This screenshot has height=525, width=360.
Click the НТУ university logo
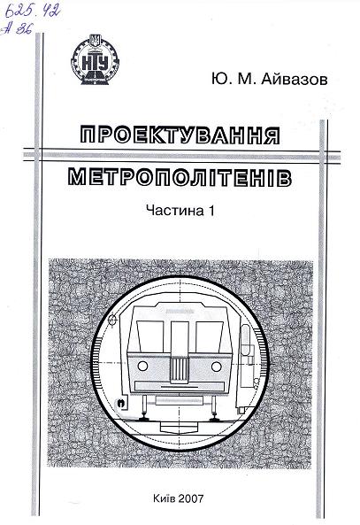95,59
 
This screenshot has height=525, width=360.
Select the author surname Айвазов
294,80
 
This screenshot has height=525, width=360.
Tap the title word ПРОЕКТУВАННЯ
180,135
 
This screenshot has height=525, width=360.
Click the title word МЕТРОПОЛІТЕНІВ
180,176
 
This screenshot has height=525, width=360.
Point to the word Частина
175,211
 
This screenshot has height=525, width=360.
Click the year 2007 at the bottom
191,498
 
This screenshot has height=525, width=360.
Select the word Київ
164,498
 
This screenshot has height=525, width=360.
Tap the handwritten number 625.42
33,12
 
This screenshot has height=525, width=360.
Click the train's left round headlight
143,366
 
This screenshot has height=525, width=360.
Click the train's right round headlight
217,367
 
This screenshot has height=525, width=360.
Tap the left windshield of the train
150,336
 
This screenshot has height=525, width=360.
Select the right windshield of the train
210,336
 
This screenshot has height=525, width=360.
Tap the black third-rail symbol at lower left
120,404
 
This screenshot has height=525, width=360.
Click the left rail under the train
144,417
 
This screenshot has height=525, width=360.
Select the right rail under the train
214,417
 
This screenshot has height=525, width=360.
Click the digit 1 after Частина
211,211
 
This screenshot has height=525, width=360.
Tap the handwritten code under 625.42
18,29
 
